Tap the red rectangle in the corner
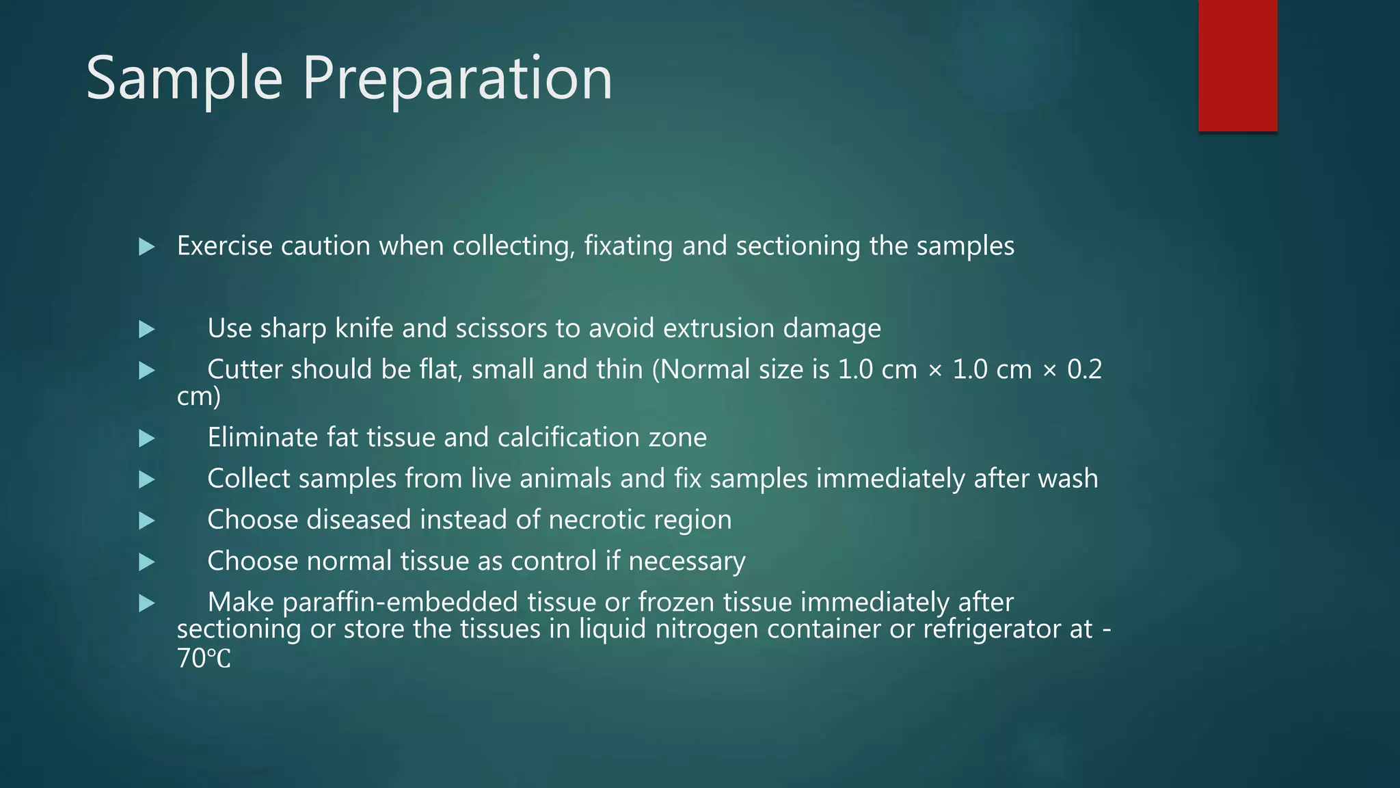click(x=1237, y=65)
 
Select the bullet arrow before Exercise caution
click(x=146, y=247)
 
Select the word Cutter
click(x=245, y=370)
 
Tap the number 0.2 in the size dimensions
click(x=1084, y=370)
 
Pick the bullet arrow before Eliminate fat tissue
click(x=146, y=438)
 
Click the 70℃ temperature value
click(x=204, y=659)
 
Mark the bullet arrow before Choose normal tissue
click(x=146, y=562)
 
